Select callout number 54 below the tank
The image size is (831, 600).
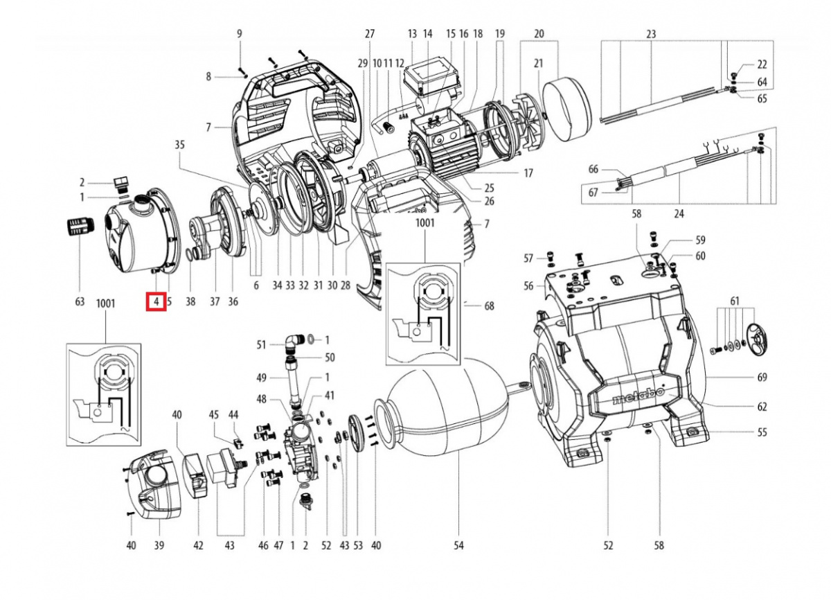tap(458, 546)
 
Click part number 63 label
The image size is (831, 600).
tap(80, 301)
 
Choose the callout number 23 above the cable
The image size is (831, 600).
tap(651, 33)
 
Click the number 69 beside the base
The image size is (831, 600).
tap(762, 378)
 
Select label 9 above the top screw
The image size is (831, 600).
tap(240, 33)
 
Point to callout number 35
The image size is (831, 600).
tap(180, 145)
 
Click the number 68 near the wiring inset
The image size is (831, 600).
tap(490, 305)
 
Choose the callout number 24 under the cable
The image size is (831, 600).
tap(679, 214)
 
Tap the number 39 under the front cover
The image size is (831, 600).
tap(159, 546)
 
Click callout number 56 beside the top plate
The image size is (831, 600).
tap(529, 285)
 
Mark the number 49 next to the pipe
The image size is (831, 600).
tap(261, 378)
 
